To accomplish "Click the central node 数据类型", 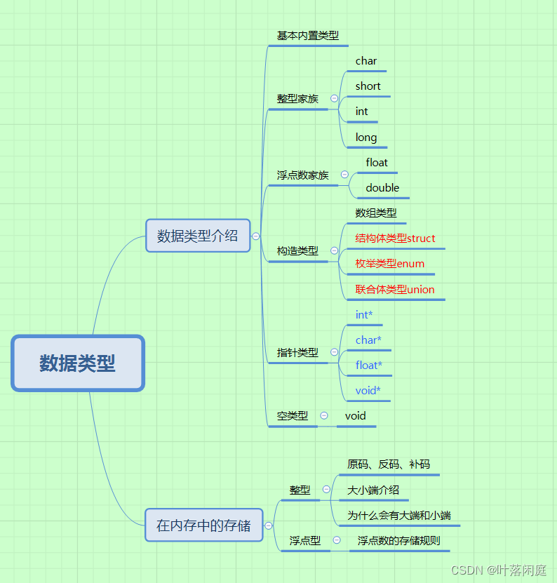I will (x=77, y=363).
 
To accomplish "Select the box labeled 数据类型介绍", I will (x=197, y=236).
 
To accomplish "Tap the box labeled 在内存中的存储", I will (x=203, y=525).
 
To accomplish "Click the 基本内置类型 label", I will (x=307, y=35).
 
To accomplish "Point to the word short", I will (x=368, y=86).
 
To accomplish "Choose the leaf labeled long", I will (x=366, y=138).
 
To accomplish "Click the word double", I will (x=382, y=188).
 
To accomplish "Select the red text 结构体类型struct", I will (x=395, y=239).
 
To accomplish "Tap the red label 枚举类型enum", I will (x=389, y=264).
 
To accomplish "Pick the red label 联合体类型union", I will (x=395, y=289).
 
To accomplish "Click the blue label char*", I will (x=368, y=340).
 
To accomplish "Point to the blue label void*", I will (x=368, y=391).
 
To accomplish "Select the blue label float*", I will (x=369, y=366).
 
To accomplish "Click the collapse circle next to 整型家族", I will (x=334, y=98).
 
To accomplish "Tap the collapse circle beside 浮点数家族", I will (x=344, y=175).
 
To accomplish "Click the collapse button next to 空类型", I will (x=323, y=415).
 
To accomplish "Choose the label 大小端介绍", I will (x=373, y=490).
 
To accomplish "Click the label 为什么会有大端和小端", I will (x=398, y=515).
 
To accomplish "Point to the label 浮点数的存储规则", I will (x=398, y=540).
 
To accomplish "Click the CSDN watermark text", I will (x=498, y=570).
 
